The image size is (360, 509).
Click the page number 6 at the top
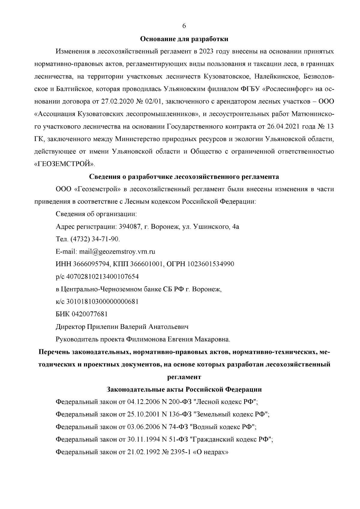[x=184, y=26]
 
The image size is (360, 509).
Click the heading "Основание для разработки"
[x=184, y=39]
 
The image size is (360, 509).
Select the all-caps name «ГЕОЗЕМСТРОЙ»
[x=65, y=164]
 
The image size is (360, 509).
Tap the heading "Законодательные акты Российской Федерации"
[x=184, y=390]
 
